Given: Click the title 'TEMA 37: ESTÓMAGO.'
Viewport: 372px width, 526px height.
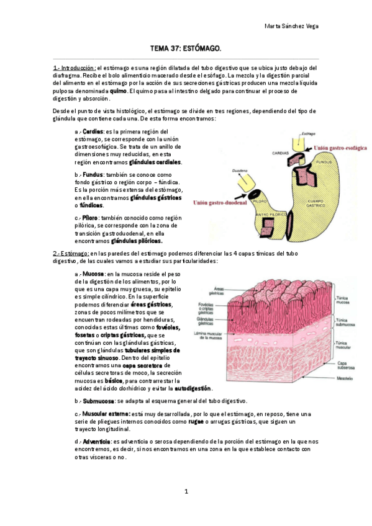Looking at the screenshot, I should click(186, 48).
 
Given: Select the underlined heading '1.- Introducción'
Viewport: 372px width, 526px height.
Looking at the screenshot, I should click(75, 68).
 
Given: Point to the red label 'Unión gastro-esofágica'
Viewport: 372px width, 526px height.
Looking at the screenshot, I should click(340, 149).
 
